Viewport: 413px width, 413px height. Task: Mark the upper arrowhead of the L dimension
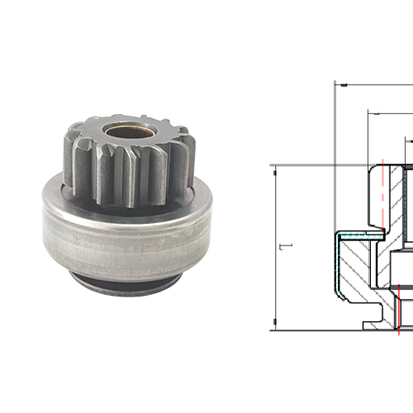[x=274, y=169]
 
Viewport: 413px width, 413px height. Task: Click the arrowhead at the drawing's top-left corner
[x=338, y=83]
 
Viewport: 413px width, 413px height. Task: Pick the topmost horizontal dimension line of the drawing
[x=372, y=83]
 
